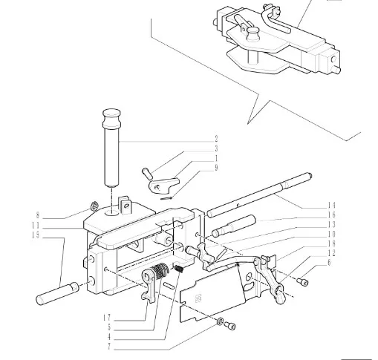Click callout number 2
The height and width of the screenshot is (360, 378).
tap(216, 139)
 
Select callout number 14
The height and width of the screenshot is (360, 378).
tap(332, 205)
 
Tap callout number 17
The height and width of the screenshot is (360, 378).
tap(107, 318)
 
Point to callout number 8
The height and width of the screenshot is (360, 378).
tap(38, 215)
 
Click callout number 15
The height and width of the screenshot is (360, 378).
tap(36, 235)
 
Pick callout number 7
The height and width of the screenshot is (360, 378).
tap(109, 347)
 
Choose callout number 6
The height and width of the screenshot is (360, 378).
tap(329, 262)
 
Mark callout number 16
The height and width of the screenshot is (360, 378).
tap(332, 215)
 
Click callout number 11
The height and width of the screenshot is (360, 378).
tap(36, 226)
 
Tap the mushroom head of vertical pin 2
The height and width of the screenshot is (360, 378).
tap(112, 114)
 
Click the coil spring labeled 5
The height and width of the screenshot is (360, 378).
tap(160, 271)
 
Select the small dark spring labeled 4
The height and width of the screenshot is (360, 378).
tap(179, 269)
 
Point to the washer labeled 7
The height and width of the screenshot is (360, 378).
tap(220, 322)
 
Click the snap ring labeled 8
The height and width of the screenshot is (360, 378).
tap(94, 206)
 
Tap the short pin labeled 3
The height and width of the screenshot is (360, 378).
tap(148, 173)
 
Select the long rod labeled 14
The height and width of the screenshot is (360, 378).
tap(259, 195)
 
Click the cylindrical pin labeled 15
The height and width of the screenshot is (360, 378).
tap(57, 293)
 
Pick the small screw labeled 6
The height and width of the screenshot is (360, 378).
tap(302, 281)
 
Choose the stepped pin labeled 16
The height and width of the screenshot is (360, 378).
tap(233, 226)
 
